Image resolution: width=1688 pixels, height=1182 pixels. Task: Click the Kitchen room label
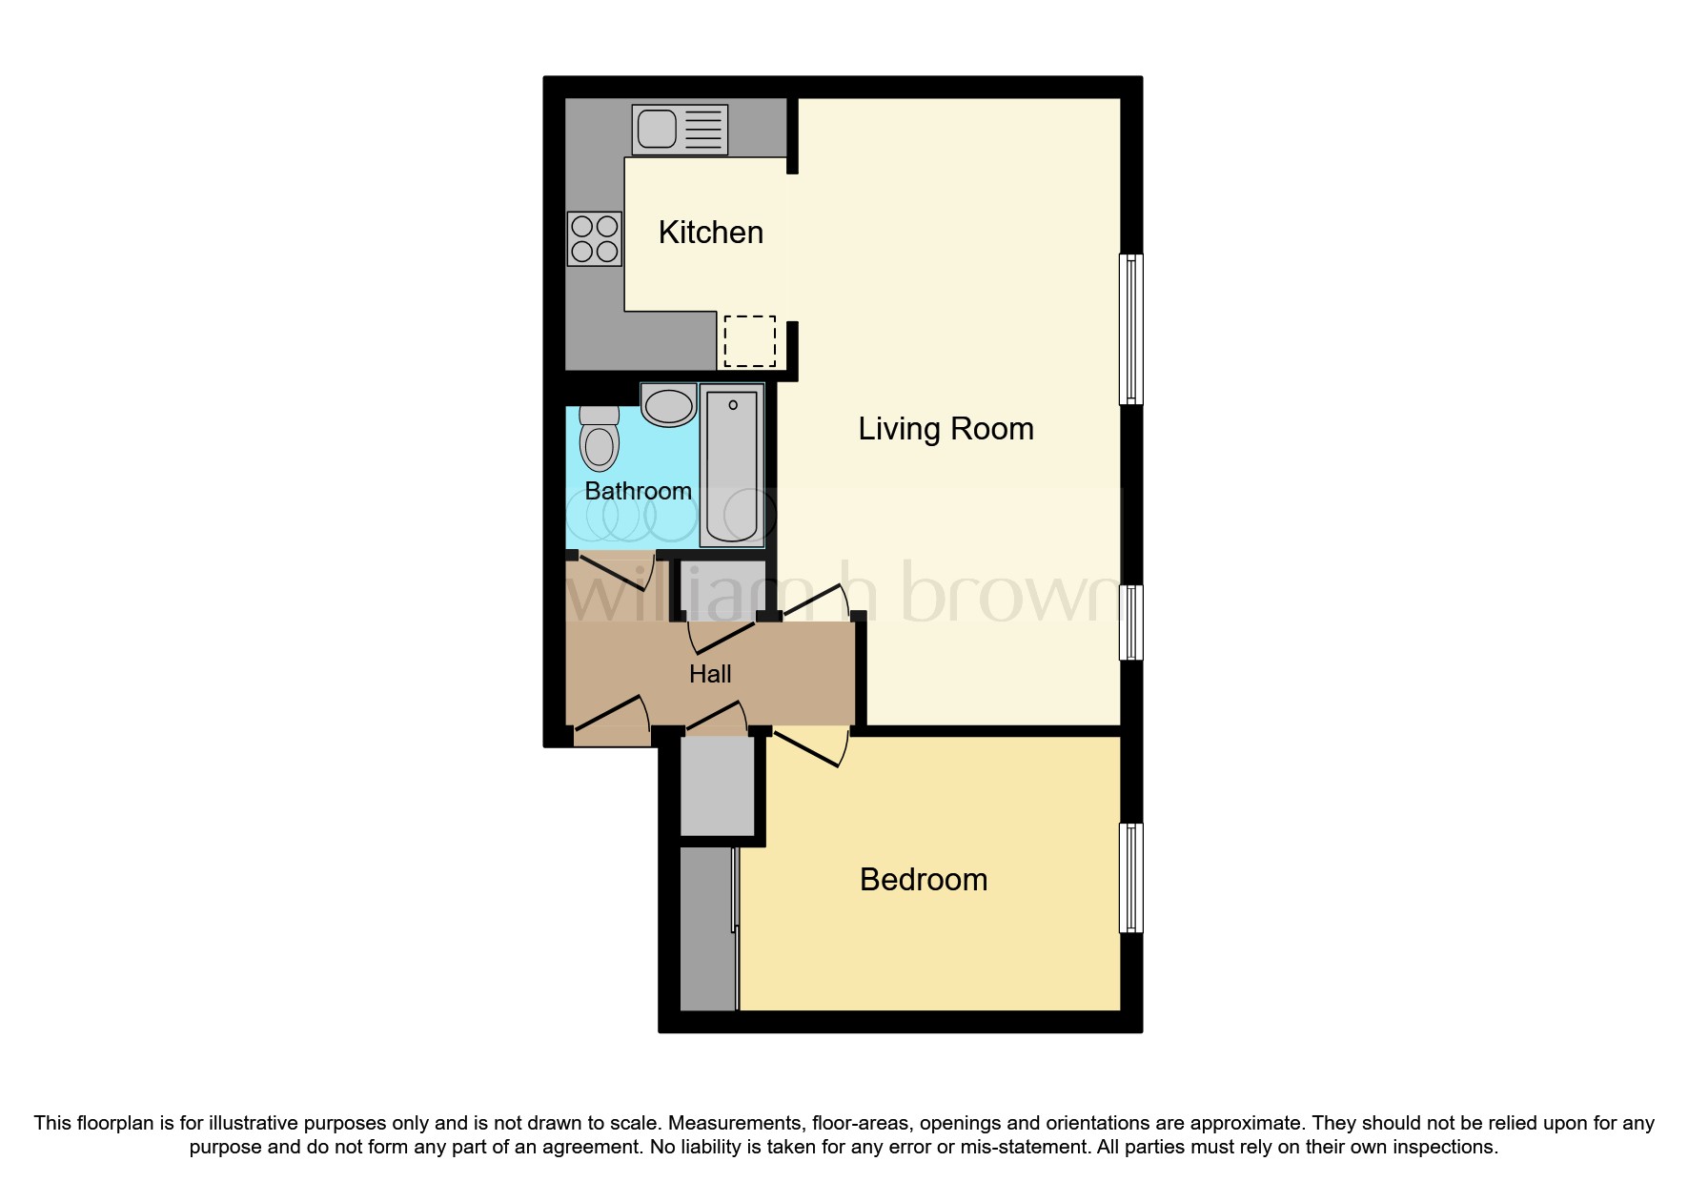click(710, 233)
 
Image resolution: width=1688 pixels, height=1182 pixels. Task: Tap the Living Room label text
click(946, 429)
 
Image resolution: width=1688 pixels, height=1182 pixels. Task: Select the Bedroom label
click(923, 879)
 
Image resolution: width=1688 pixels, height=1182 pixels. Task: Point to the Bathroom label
click(638, 491)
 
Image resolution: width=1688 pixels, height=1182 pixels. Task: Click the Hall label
click(710, 674)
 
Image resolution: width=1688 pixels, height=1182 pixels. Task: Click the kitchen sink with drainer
click(680, 130)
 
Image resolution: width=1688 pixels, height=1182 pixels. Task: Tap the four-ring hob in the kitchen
click(595, 238)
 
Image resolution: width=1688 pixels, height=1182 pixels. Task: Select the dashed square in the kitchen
click(749, 341)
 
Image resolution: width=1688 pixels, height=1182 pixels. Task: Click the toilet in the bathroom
click(600, 439)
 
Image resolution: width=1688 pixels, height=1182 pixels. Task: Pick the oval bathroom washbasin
click(668, 405)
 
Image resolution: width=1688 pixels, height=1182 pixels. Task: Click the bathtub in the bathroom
click(732, 465)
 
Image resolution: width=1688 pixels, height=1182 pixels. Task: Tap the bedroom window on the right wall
click(1130, 878)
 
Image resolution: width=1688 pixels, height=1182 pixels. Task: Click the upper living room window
click(1130, 329)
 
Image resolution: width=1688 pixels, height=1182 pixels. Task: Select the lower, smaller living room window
click(1130, 622)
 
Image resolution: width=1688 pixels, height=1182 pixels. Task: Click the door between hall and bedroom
click(810, 746)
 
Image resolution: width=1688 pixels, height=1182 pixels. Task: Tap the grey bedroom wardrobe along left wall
click(708, 928)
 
